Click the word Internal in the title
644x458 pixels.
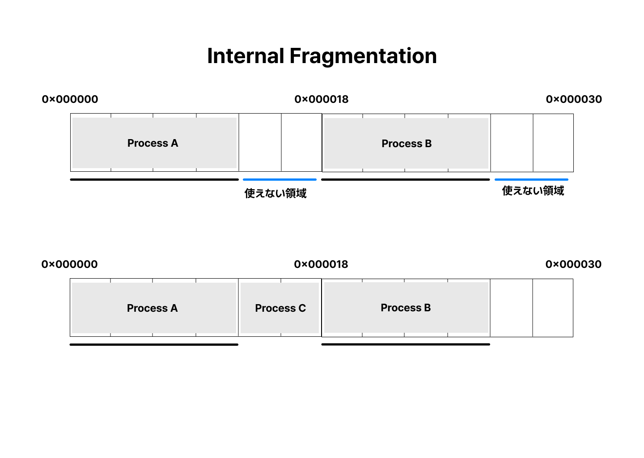pos(246,56)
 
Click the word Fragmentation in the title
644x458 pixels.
pos(363,56)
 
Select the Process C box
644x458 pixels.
pos(280,308)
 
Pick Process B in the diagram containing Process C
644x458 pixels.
pos(406,308)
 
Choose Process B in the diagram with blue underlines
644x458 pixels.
pos(406,144)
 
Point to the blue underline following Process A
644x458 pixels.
pos(280,179)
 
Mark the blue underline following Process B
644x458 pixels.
pos(531,179)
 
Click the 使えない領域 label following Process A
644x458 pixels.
pos(275,193)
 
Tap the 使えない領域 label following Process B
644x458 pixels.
pos(533,191)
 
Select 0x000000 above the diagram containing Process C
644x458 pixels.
pos(69,264)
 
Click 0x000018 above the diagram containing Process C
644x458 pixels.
pos(321,264)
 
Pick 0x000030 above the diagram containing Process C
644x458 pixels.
pos(573,264)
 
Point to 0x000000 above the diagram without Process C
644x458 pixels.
pos(70,99)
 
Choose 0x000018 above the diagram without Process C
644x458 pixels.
pos(322,99)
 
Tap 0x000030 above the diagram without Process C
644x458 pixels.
pos(574,99)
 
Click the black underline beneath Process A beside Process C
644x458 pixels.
pos(154,344)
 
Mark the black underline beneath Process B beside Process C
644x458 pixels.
pos(406,344)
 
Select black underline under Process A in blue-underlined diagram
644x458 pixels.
pos(154,179)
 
